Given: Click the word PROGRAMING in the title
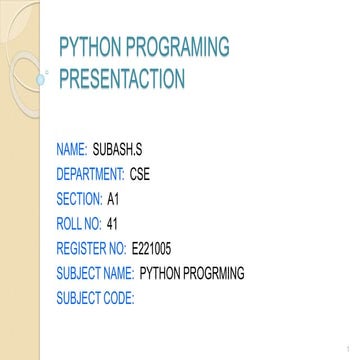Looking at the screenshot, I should click(x=181, y=47).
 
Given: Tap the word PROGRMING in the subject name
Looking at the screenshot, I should click(x=211, y=272).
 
